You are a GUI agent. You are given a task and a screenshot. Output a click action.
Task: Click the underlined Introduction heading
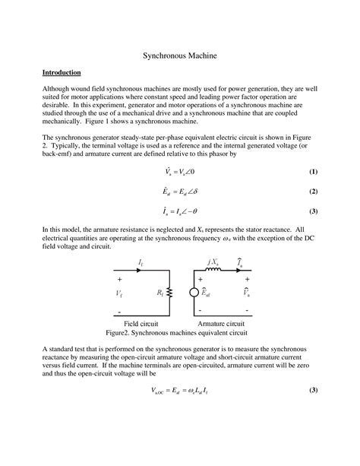tap(62, 72)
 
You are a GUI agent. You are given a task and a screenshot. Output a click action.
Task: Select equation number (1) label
tap(313, 172)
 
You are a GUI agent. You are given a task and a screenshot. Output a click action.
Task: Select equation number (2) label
tap(313, 192)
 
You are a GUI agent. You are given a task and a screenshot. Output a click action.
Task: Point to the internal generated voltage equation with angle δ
tap(178, 192)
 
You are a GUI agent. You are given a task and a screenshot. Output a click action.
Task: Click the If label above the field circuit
tap(141, 262)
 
